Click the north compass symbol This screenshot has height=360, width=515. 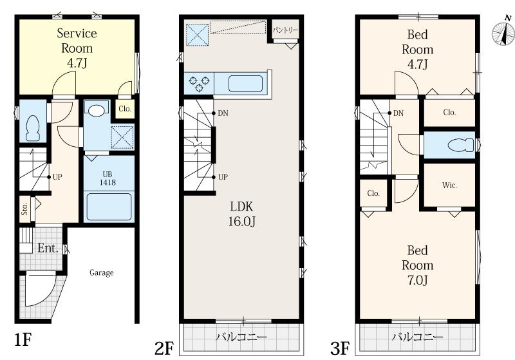503,32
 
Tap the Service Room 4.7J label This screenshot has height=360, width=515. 77,48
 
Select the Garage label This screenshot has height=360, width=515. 102,272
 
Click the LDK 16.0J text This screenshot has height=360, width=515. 242,214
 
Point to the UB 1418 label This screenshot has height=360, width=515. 108,178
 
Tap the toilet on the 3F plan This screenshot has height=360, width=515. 460,145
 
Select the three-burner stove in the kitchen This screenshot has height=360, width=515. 199,84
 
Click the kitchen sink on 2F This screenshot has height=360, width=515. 246,84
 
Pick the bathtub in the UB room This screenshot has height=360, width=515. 109,207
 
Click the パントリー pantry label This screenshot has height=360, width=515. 285,30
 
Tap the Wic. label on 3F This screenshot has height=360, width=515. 449,185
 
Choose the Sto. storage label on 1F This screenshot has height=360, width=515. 24,209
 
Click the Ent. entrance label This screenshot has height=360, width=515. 48,248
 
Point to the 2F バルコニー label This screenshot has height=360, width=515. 241,337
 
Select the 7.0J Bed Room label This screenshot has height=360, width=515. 417,265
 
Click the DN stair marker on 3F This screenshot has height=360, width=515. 398,113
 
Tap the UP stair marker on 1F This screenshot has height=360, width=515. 57,177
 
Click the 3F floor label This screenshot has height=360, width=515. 340,348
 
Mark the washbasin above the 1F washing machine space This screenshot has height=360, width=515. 96,110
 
